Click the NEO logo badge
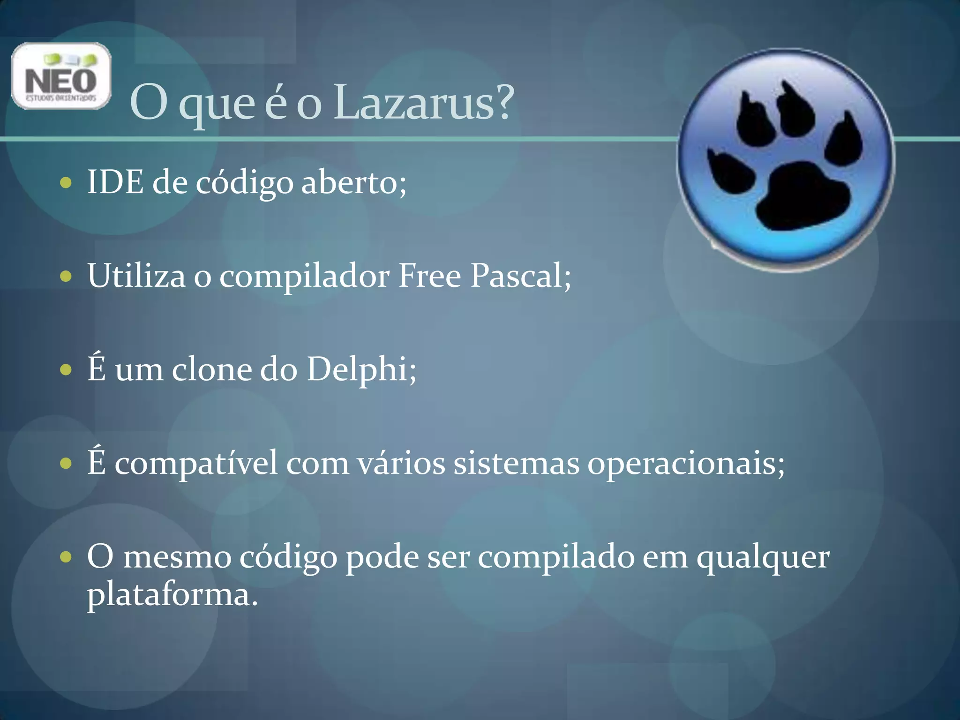[61, 76]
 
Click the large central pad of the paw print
[802, 197]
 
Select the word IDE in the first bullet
[115, 182]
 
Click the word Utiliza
[136, 276]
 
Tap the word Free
[429, 276]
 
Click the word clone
[211, 369]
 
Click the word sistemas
[516, 463]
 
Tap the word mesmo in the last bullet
[177, 558]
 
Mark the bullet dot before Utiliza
[66, 276]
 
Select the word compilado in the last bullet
[556, 558]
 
